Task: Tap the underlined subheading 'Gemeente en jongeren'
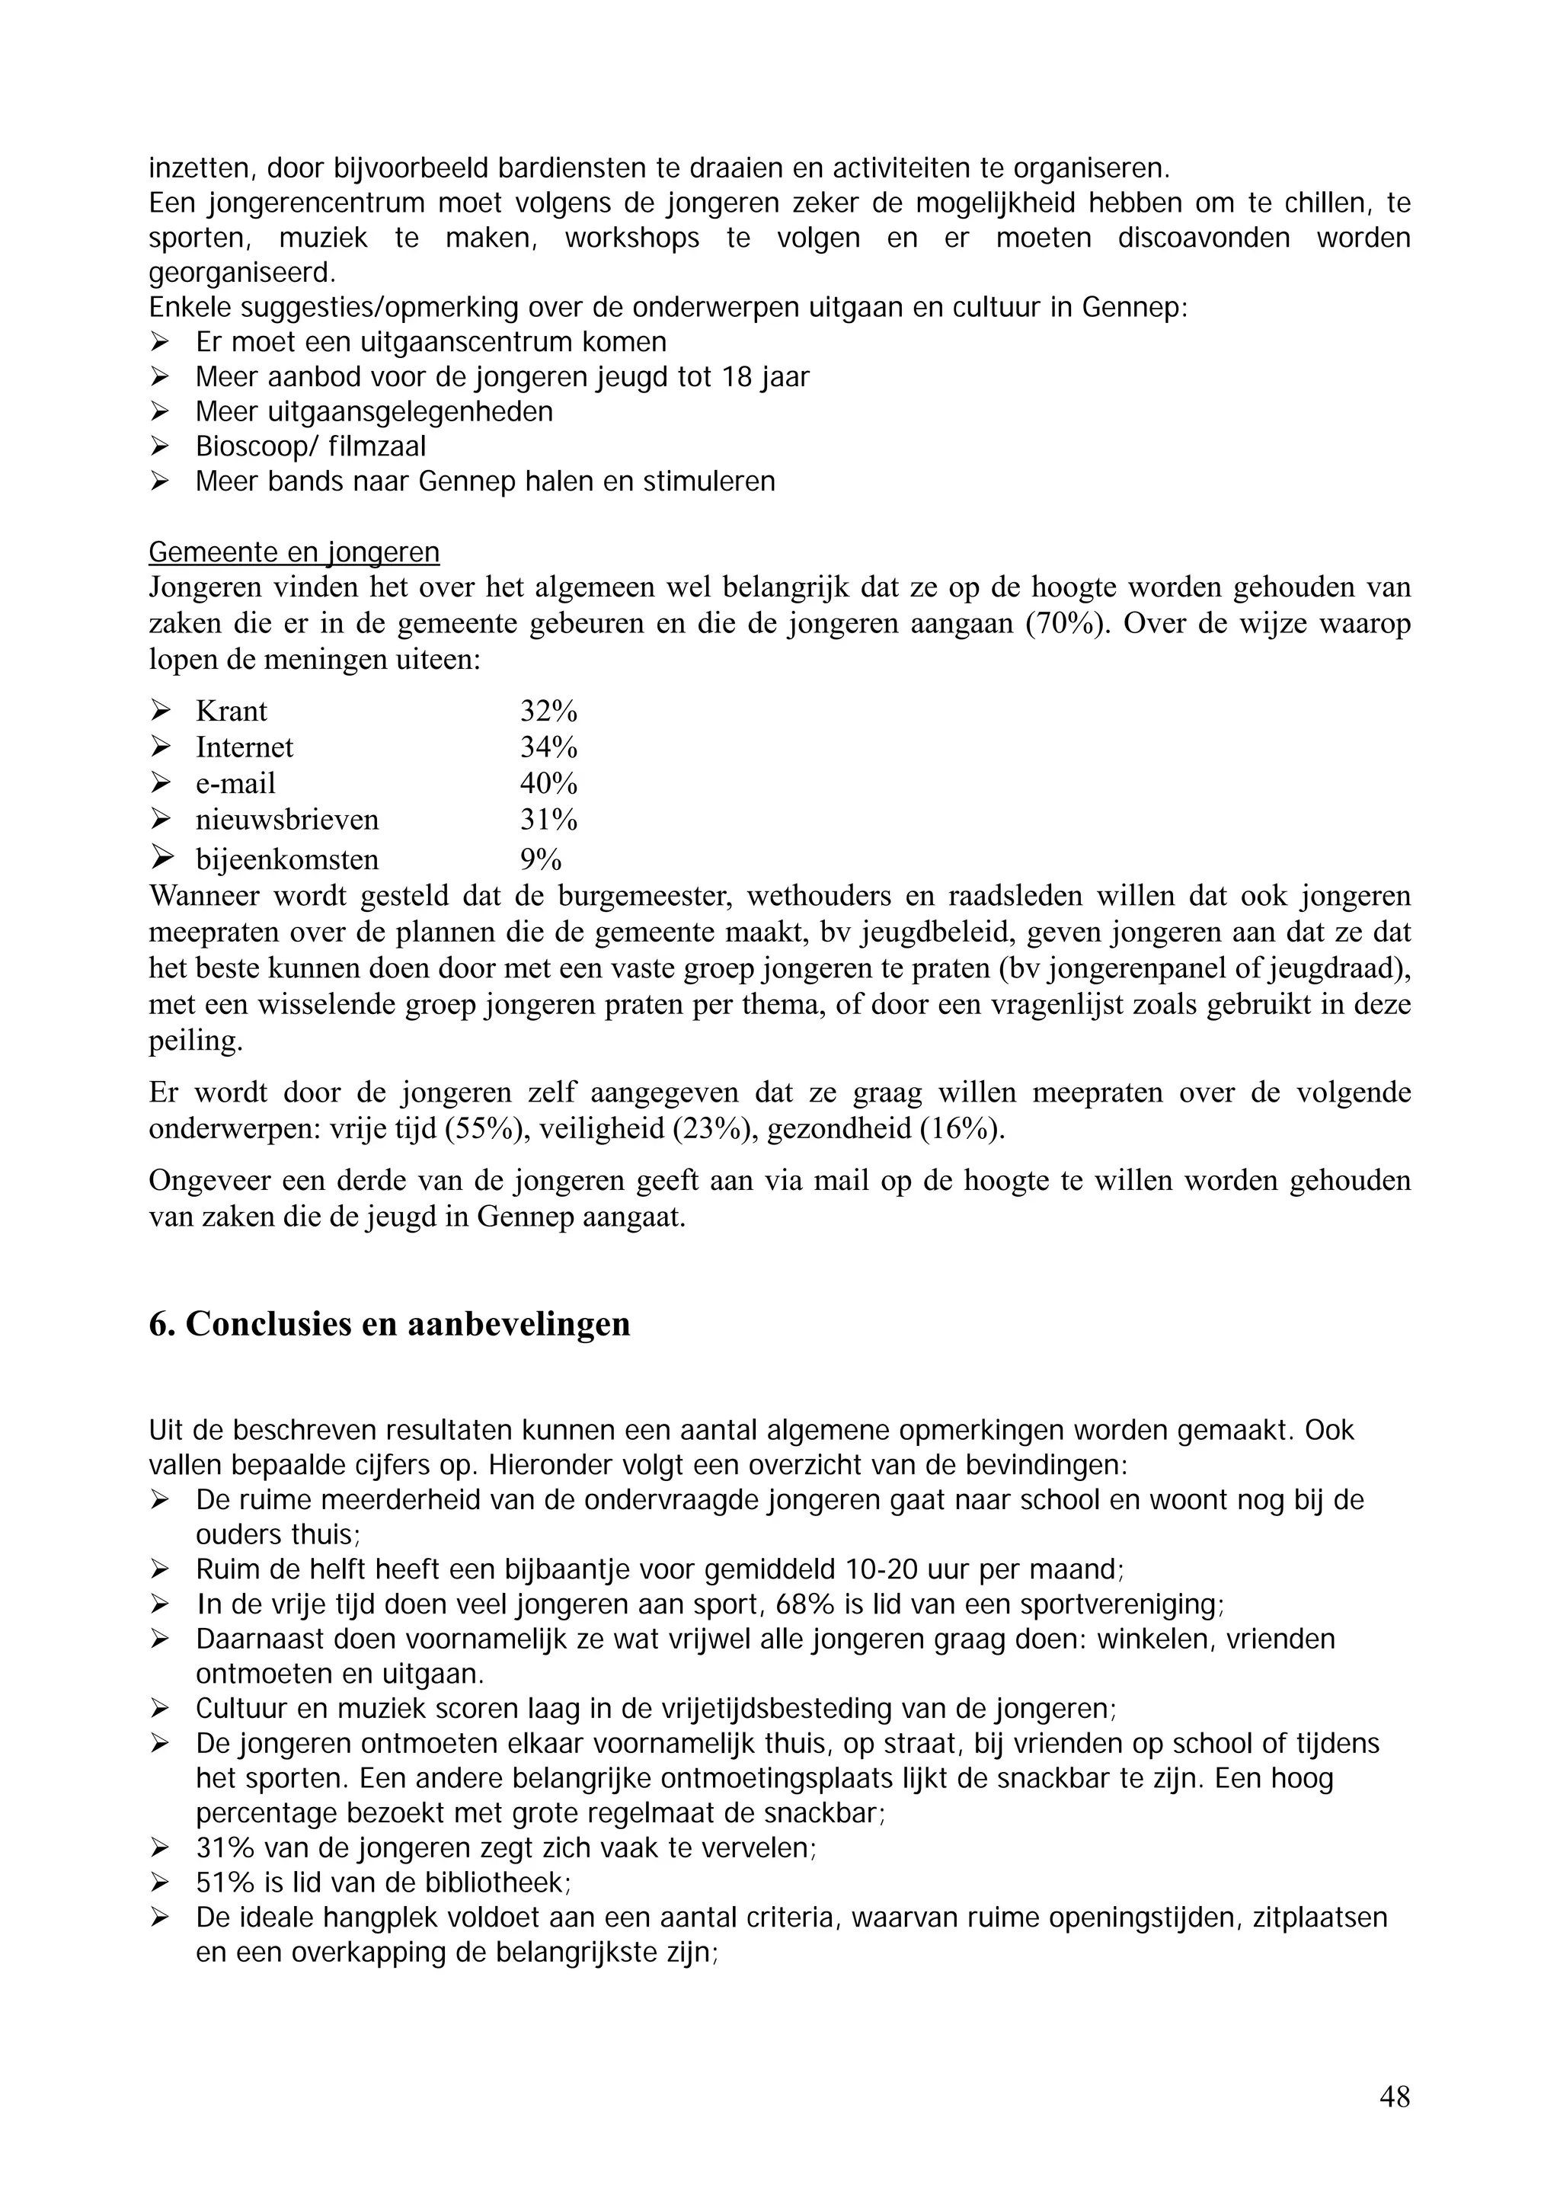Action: pos(294,553)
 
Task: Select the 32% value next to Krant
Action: pos(548,712)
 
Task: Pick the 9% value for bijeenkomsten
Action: pos(540,859)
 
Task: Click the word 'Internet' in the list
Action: pos(245,748)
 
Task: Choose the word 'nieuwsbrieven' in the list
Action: pos(287,820)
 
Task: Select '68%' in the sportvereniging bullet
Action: pos(858,1604)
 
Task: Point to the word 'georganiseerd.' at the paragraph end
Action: pos(242,273)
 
